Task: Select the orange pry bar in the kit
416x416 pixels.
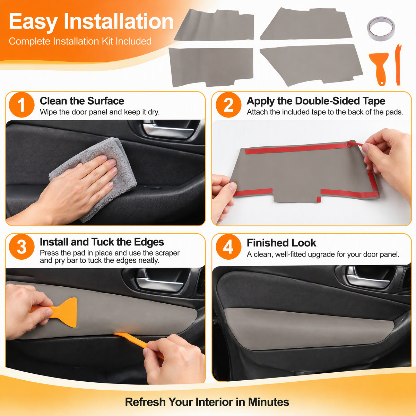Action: [398, 65]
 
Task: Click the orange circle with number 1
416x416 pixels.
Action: [21, 105]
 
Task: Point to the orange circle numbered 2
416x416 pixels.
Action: [228, 105]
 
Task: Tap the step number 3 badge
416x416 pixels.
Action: [21, 247]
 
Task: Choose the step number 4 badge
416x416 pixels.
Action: [228, 247]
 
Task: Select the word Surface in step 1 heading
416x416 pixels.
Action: [106, 101]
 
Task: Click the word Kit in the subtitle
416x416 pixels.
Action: [107, 42]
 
